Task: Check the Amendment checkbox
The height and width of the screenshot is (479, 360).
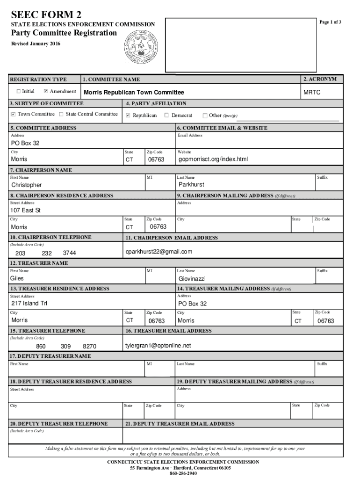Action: click(46, 91)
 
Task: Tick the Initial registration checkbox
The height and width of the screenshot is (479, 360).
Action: click(19, 91)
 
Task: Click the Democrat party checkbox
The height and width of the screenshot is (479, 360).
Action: click(167, 115)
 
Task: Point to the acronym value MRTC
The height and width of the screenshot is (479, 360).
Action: click(312, 93)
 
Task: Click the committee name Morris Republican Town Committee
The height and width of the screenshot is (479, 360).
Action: click(134, 93)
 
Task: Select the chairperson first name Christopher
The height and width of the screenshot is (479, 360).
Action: click(26, 185)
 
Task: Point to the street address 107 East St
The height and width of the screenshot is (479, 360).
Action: click(26, 210)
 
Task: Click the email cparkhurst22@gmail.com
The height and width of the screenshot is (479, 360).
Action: click(158, 252)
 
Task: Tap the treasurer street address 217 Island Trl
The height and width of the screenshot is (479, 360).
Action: click(29, 303)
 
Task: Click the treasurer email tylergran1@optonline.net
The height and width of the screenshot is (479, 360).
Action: click(158, 346)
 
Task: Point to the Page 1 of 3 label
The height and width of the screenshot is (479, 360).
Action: click(331, 22)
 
